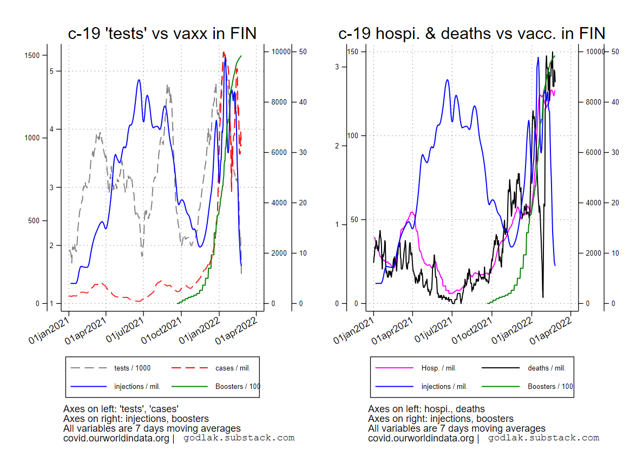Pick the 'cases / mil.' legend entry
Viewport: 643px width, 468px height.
(233, 368)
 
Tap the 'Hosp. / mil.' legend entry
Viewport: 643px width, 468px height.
(438, 368)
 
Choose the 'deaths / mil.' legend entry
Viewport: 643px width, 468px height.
(546, 368)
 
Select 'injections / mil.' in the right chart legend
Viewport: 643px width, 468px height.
(444, 387)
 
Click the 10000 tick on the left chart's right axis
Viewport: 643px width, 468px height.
(280, 51)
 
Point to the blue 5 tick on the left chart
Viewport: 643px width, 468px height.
(53, 71)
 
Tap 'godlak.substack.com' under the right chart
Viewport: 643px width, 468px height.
(543, 438)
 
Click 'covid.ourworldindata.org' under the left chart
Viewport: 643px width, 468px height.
(116, 438)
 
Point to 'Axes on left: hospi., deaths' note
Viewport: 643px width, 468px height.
(426, 409)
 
